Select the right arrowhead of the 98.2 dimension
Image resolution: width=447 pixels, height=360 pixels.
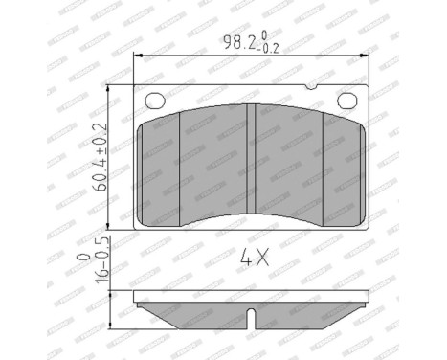(x=369, y=56)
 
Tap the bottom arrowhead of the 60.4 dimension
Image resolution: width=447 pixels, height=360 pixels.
(x=113, y=228)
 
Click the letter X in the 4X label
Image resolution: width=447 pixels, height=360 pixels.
(x=261, y=257)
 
